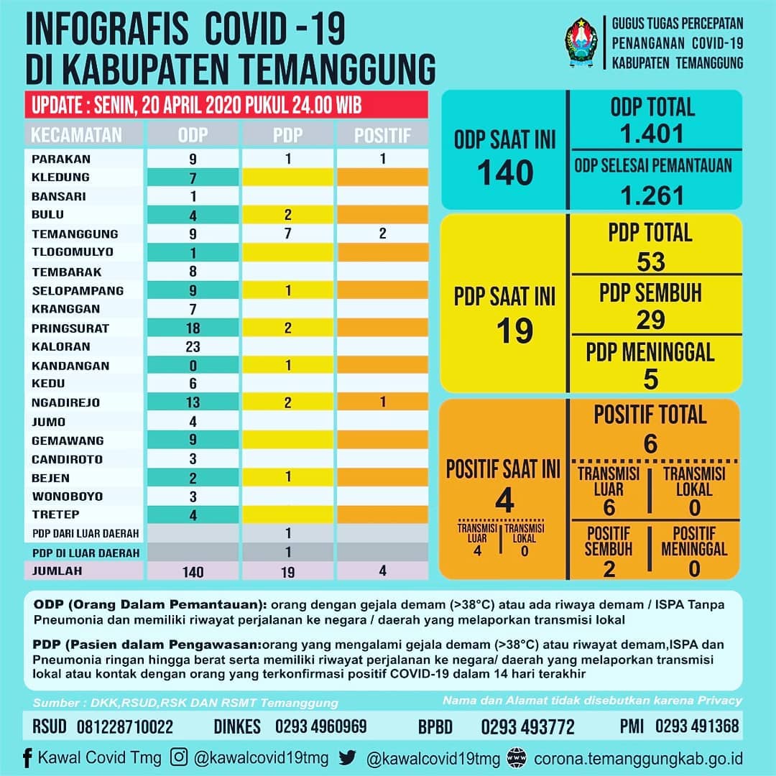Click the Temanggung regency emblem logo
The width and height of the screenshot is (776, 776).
581,42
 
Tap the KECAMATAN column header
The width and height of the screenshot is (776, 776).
76,135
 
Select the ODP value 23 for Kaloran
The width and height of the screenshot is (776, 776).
193,346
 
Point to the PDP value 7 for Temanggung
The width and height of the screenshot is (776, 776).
288,234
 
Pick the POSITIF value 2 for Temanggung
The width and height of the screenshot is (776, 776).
382,234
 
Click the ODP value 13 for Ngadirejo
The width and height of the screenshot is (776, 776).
193,402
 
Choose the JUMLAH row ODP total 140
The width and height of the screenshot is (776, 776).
193,572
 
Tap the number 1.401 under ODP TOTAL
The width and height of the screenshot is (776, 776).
652,134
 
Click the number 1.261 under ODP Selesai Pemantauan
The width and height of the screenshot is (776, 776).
652,195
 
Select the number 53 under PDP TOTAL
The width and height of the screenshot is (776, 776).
651,262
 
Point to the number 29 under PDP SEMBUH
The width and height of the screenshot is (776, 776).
651,320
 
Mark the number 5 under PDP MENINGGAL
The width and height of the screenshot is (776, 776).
651,379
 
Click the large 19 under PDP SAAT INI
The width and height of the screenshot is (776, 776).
514,331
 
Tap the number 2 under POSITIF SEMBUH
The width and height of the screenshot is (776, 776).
609,569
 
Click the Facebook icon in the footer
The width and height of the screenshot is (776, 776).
28,758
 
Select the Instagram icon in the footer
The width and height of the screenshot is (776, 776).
179,757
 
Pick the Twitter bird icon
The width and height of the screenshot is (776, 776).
348,758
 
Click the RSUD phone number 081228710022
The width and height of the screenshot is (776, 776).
125,726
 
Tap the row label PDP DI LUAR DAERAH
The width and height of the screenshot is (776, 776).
86,553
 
